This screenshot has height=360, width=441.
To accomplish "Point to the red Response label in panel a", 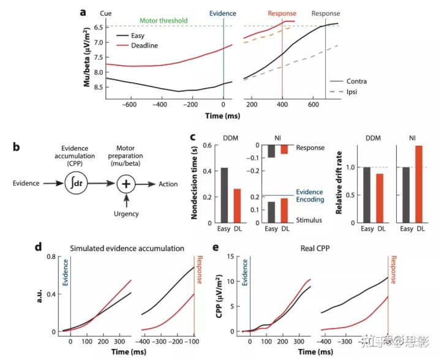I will coord(282,13).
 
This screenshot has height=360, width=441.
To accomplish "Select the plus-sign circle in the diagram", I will coord(127,182).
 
